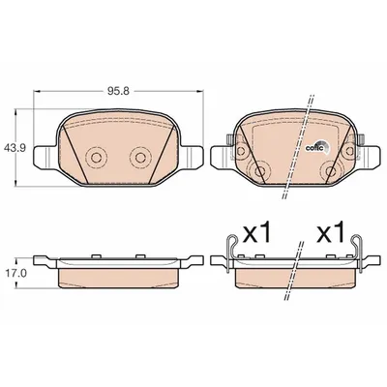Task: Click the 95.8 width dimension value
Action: tap(118, 91)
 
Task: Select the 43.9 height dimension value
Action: tap(15, 148)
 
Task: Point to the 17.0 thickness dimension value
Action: tap(15, 274)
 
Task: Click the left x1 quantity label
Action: tap(256, 233)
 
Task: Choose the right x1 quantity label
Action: tap(331, 233)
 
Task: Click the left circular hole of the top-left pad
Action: tap(96, 158)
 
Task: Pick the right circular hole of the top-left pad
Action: tap(140, 158)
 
